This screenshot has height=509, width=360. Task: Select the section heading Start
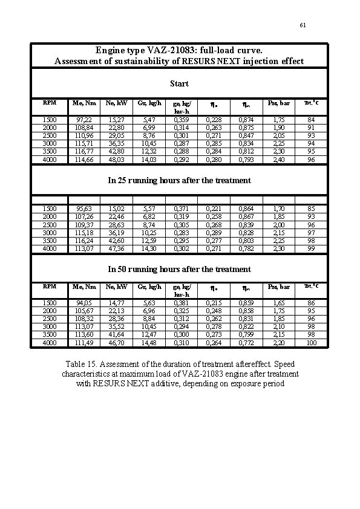[179, 83]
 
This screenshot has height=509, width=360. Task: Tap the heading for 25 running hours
[179, 180]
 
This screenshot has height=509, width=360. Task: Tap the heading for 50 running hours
[179, 269]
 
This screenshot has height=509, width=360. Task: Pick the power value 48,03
[116, 160]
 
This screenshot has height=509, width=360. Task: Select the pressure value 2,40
[279, 160]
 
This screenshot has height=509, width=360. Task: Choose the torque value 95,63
[83, 209]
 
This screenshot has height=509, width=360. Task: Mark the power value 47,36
[116, 248]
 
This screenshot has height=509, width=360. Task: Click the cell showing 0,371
[182, 209]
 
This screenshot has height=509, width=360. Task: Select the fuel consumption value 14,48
[148, 343]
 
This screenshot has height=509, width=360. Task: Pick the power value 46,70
[116, 343]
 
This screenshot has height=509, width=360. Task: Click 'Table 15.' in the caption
[81, 365]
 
